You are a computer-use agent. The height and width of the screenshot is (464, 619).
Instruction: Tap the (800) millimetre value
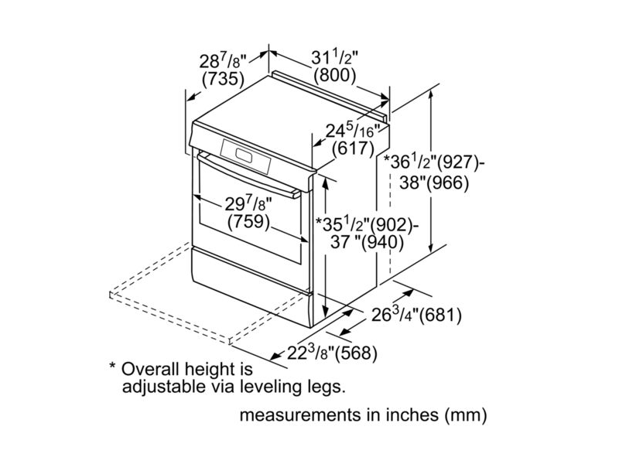point(335,76)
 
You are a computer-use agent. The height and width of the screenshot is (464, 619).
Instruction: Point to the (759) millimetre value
point(248,222)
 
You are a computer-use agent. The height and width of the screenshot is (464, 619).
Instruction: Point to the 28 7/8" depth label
point(222,60)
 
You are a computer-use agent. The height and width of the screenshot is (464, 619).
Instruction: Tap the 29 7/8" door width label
point(248,203)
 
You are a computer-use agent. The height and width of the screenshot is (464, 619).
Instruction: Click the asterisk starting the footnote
point(112,365)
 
